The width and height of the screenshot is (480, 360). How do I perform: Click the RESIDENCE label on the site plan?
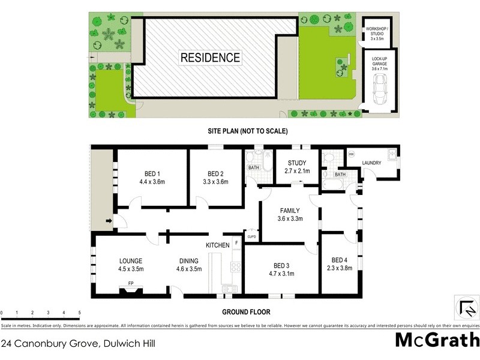click(211, 58)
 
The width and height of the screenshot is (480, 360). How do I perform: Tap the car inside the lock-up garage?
click(379, 91)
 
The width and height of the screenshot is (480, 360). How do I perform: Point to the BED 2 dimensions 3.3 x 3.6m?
click(216, 182)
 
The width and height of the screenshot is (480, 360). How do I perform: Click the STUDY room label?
click(296, 163)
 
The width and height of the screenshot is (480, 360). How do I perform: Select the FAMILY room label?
click(290, 211)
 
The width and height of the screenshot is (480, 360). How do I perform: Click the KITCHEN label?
click(218, 245)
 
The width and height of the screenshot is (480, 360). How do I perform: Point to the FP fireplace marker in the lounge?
click(130, 284)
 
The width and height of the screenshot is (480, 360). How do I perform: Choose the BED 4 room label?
click(340, 260)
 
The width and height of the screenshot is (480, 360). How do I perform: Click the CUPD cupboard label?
click(252, 238)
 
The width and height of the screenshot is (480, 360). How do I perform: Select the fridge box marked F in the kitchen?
click(236, 243)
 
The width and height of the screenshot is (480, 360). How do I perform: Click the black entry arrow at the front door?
click(109, 223)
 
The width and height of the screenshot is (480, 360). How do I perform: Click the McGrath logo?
click(437, 340)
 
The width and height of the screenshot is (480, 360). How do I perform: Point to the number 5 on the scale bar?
click(79, 313)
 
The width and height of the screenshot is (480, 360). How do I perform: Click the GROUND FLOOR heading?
click(246, 312)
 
